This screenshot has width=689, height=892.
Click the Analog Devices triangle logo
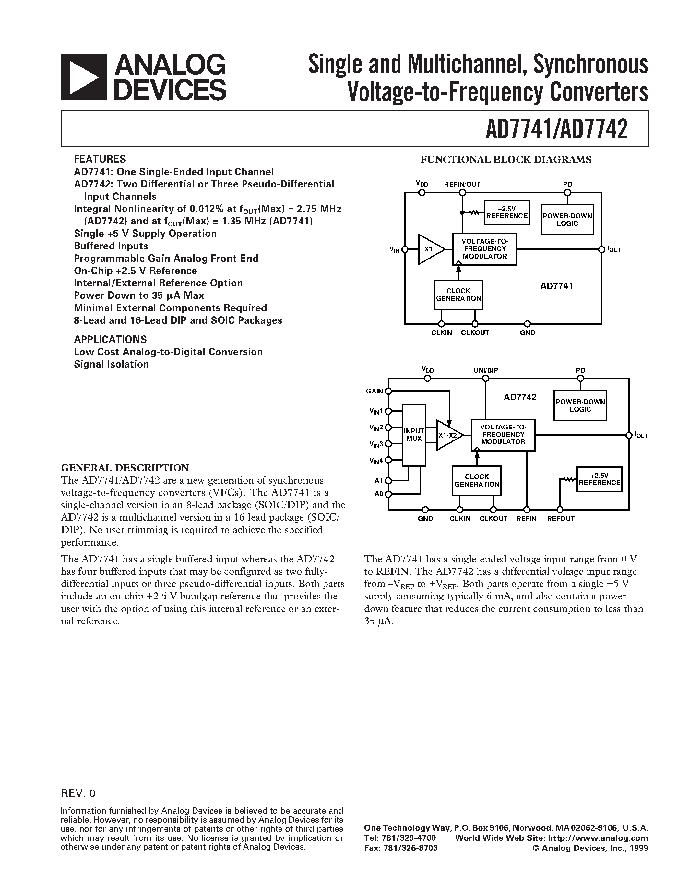tap(84, 77)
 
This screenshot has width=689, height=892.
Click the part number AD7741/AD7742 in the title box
tap(556, 129)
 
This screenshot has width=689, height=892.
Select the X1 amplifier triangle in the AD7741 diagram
tap(429, 249)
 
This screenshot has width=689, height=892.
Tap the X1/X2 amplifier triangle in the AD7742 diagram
tap(448, 435)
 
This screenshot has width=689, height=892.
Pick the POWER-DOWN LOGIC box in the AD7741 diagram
tap(567, 220)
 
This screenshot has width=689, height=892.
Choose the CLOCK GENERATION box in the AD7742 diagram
tap(476, 481)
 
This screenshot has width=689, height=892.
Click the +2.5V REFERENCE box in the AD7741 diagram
tap(506, 212)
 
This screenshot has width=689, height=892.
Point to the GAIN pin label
tap(374, 391)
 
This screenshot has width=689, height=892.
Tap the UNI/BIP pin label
tap(486, 370)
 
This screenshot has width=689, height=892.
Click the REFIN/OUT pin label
tap(462, 184)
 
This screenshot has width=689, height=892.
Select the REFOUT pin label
tap(560, 519)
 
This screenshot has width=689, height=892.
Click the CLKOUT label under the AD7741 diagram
tap(475, 333)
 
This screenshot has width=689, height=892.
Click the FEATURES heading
tap(100, 159)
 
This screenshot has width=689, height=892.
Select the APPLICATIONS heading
tap(110, 339)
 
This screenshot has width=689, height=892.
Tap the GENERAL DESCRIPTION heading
tap(125, 468)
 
